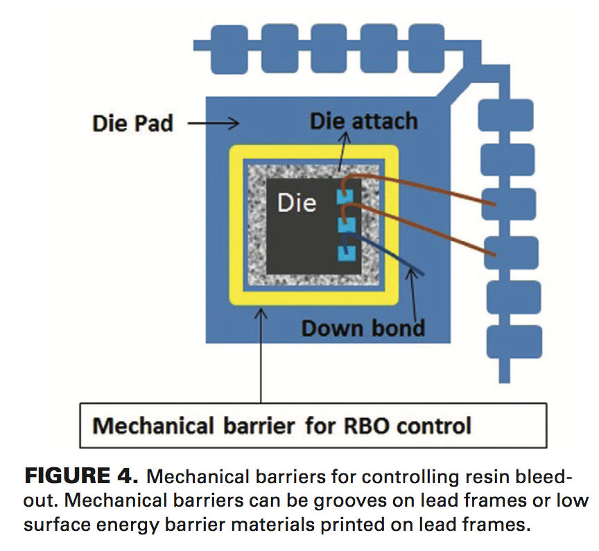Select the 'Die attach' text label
pos(363,121)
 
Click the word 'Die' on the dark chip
pos(297,202)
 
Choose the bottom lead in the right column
pos(512,340)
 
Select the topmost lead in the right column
pos(507,116)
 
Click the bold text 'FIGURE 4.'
pos(83,476)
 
